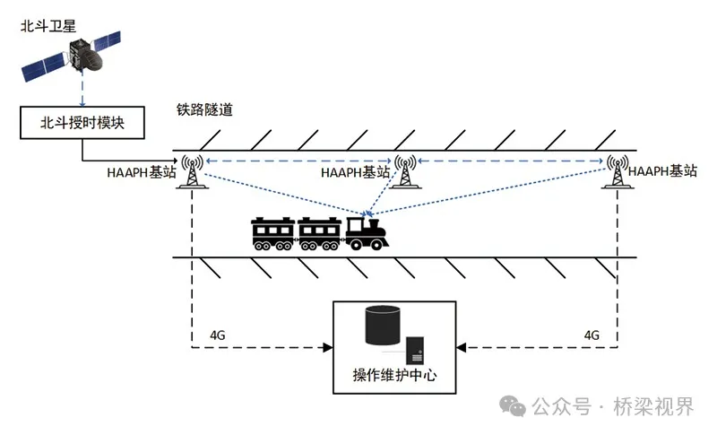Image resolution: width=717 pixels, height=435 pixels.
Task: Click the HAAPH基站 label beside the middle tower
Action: coord(357,171)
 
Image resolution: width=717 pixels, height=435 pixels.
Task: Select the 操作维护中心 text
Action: coord(394,376)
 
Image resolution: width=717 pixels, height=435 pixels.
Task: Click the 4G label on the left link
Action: coord(217,334)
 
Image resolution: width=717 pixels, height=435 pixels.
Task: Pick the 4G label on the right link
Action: coord(591,334)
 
